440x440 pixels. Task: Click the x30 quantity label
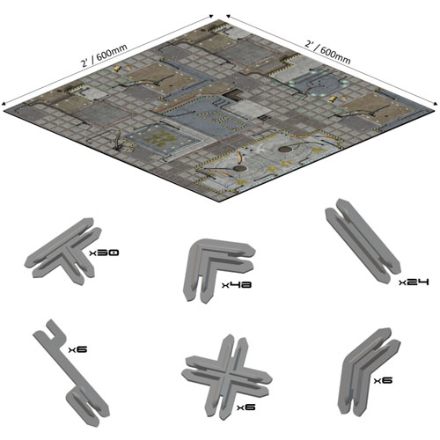coord(104,253)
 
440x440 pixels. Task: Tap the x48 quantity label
coord(237,284)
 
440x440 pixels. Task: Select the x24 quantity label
coord(414,282)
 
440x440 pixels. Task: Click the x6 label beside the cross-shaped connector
coord(246,407)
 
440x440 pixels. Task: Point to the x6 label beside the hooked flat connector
coord(77,349)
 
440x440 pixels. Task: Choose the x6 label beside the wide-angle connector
coord(383,380)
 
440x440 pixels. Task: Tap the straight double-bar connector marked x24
coord(363,239)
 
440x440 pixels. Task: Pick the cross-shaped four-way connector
coord(226,376)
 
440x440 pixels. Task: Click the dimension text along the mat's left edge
coord(104,55)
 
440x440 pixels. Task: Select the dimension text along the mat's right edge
coord(327,52)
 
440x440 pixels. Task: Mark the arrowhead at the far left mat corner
coord(4,103)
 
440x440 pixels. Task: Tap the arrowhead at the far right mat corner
coord(436,102)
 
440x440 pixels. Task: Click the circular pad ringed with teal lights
coord(319,82)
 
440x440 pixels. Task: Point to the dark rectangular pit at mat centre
coord(232,95)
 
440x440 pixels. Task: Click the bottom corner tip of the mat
coord(219,202)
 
